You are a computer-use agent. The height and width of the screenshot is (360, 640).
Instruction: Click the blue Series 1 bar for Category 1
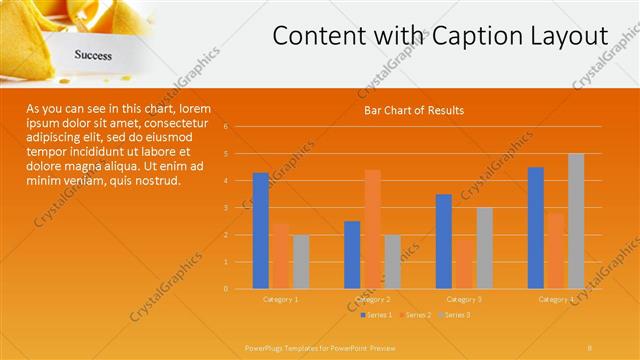click(x=260, y=231)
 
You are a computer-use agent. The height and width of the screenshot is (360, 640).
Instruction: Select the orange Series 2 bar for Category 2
click(x=372, y=229)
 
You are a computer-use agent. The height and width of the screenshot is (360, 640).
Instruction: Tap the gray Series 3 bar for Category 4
click(x=576, y=221)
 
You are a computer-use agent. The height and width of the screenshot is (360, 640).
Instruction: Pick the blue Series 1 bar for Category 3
click(x=444, y=241)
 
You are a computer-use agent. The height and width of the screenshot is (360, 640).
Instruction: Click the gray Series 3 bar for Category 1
click(x=300, y=262)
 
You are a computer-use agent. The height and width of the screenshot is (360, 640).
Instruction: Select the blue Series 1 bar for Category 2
click(x=352, y=255)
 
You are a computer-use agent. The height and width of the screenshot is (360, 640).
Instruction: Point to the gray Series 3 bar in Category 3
click(x=484, y=248)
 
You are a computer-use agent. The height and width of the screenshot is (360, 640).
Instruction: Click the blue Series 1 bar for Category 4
click(x=536, y=228)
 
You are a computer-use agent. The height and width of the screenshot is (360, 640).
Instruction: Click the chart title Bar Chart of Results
click(x=413, y=110)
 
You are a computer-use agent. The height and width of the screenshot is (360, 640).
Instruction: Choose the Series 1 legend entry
click(x=378, y=315)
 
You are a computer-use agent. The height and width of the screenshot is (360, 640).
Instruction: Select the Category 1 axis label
click(x=280, y=299)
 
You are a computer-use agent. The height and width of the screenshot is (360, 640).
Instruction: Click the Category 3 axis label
click(x=464, y=299)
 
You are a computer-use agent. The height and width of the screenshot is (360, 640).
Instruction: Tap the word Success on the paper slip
click(x=92, y=56)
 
